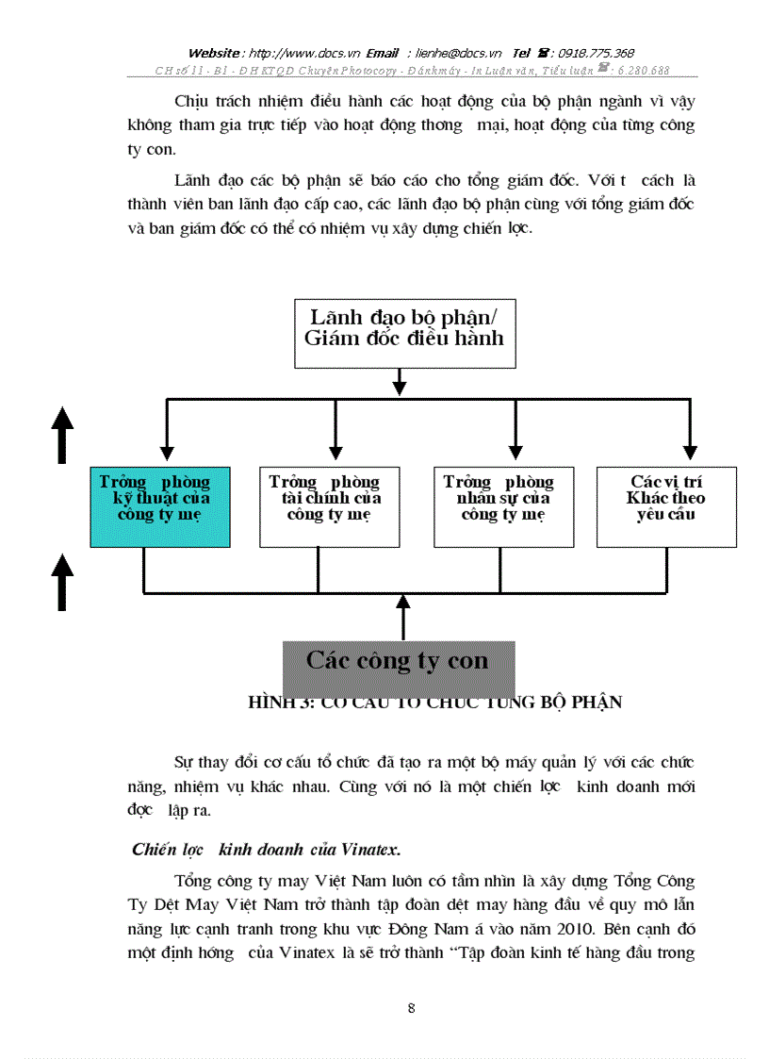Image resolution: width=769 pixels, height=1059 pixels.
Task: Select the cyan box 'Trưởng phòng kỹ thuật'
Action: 159,506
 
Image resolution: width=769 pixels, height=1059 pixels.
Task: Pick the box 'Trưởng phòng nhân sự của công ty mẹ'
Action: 503,506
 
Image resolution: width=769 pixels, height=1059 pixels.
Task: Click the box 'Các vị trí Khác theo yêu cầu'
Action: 666,506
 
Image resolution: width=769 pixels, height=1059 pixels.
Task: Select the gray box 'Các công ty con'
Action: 399,663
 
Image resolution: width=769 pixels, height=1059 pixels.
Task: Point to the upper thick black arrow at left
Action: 62,434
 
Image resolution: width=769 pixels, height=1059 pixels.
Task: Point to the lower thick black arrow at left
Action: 62,582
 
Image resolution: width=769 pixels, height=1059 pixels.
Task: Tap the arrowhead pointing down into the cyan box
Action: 166,453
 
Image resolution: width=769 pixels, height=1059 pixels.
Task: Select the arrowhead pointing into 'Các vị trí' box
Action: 690,453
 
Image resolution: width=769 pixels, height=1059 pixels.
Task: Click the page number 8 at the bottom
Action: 411,1008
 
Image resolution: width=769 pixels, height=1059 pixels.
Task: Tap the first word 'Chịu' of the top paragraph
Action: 192,102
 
